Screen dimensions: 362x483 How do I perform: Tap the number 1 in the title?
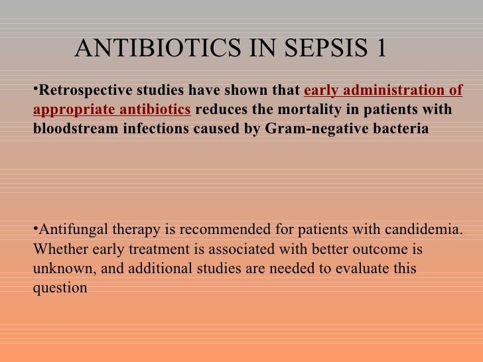[380, 48]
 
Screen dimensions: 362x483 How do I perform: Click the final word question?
[59, 288]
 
